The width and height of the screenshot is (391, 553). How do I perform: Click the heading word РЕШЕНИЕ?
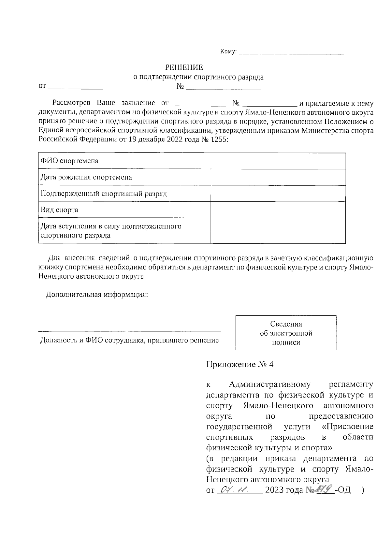point(184,67)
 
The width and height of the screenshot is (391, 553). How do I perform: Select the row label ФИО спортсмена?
point(69,161)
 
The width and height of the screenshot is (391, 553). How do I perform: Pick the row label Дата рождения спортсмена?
point(86,177)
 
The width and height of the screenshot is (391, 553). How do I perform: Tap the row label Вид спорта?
point(59,210)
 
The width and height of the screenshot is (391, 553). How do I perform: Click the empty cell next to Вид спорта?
point(278,210)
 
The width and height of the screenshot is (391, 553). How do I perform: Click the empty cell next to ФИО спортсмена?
point(278,161)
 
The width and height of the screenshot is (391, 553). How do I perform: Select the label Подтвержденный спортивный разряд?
point(104,194)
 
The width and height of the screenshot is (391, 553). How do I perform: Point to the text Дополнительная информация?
point(97,295)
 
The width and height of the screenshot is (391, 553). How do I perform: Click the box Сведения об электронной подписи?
point(286,333)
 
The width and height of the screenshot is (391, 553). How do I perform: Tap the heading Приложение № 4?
point(240,364)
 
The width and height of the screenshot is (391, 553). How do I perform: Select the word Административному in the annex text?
point(269,385)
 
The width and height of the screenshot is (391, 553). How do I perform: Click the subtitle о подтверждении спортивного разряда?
point(199,77)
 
